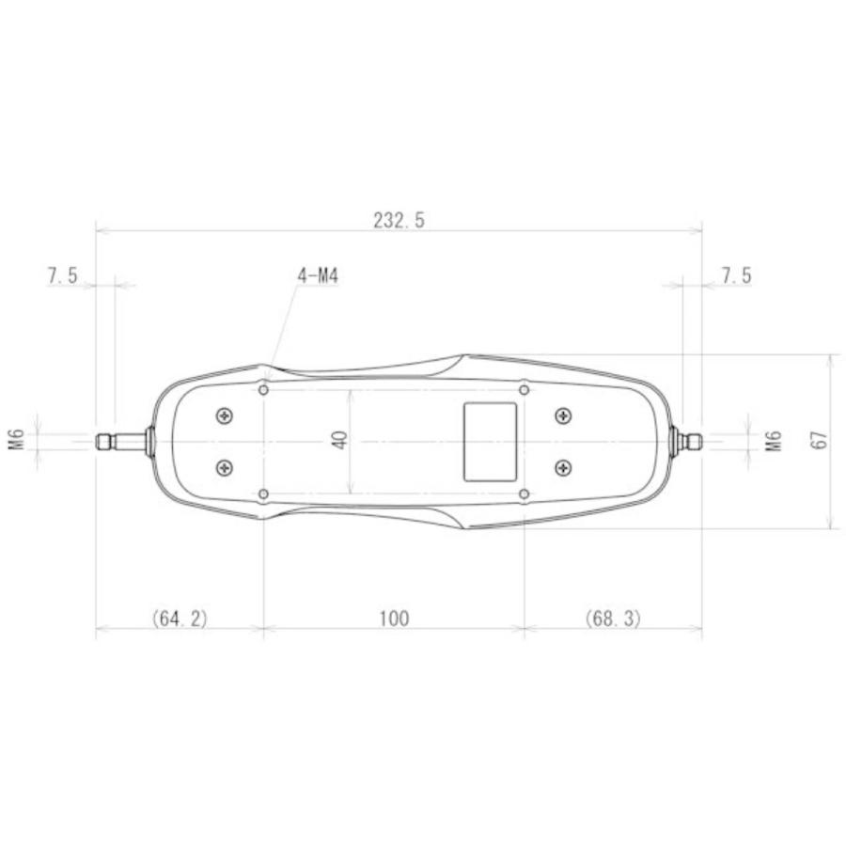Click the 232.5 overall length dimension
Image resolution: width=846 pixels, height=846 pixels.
(399, 220)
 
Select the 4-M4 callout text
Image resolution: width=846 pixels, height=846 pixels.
(318, 276)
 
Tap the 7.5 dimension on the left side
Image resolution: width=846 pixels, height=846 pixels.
(63, 275)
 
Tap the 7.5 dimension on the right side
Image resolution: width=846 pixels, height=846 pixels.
(736, 275)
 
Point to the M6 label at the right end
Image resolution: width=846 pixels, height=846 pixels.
(775, 441)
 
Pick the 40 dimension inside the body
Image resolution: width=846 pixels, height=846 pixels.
(340, 440)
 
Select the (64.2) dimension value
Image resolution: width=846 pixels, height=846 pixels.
(180, 618)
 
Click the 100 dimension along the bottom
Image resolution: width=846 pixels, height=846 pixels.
(394, 619)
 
